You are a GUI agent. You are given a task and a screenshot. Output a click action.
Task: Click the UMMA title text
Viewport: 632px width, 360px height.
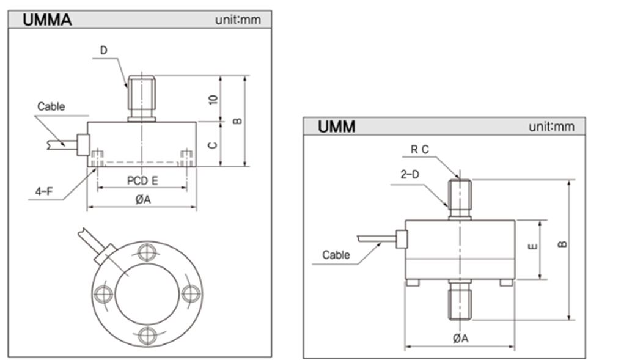tap(47, 20)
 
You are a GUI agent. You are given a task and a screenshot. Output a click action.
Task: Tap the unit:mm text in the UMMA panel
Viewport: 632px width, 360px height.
tap(238, 20)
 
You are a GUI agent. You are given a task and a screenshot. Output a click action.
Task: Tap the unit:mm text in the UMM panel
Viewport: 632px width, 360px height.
tap(552, 127)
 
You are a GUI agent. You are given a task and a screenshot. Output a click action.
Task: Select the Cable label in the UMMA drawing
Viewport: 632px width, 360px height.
tap(51, 106)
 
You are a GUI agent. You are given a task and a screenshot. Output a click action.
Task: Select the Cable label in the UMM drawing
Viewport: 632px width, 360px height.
tap(336, 254)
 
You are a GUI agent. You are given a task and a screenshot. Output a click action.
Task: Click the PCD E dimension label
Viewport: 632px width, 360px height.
tap(142, 181)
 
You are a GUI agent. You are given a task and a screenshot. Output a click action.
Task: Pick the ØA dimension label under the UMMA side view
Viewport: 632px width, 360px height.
tap(141, 199)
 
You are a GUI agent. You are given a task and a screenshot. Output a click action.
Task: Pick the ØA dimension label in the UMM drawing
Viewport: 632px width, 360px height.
tap(460, 338)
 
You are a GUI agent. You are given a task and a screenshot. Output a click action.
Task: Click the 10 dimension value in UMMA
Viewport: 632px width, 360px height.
tap(213, 98)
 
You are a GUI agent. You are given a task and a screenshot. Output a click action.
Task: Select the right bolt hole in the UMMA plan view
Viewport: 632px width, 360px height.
tap(191, 293)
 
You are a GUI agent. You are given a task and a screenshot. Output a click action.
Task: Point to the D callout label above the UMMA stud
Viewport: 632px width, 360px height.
tap(103, 50)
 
